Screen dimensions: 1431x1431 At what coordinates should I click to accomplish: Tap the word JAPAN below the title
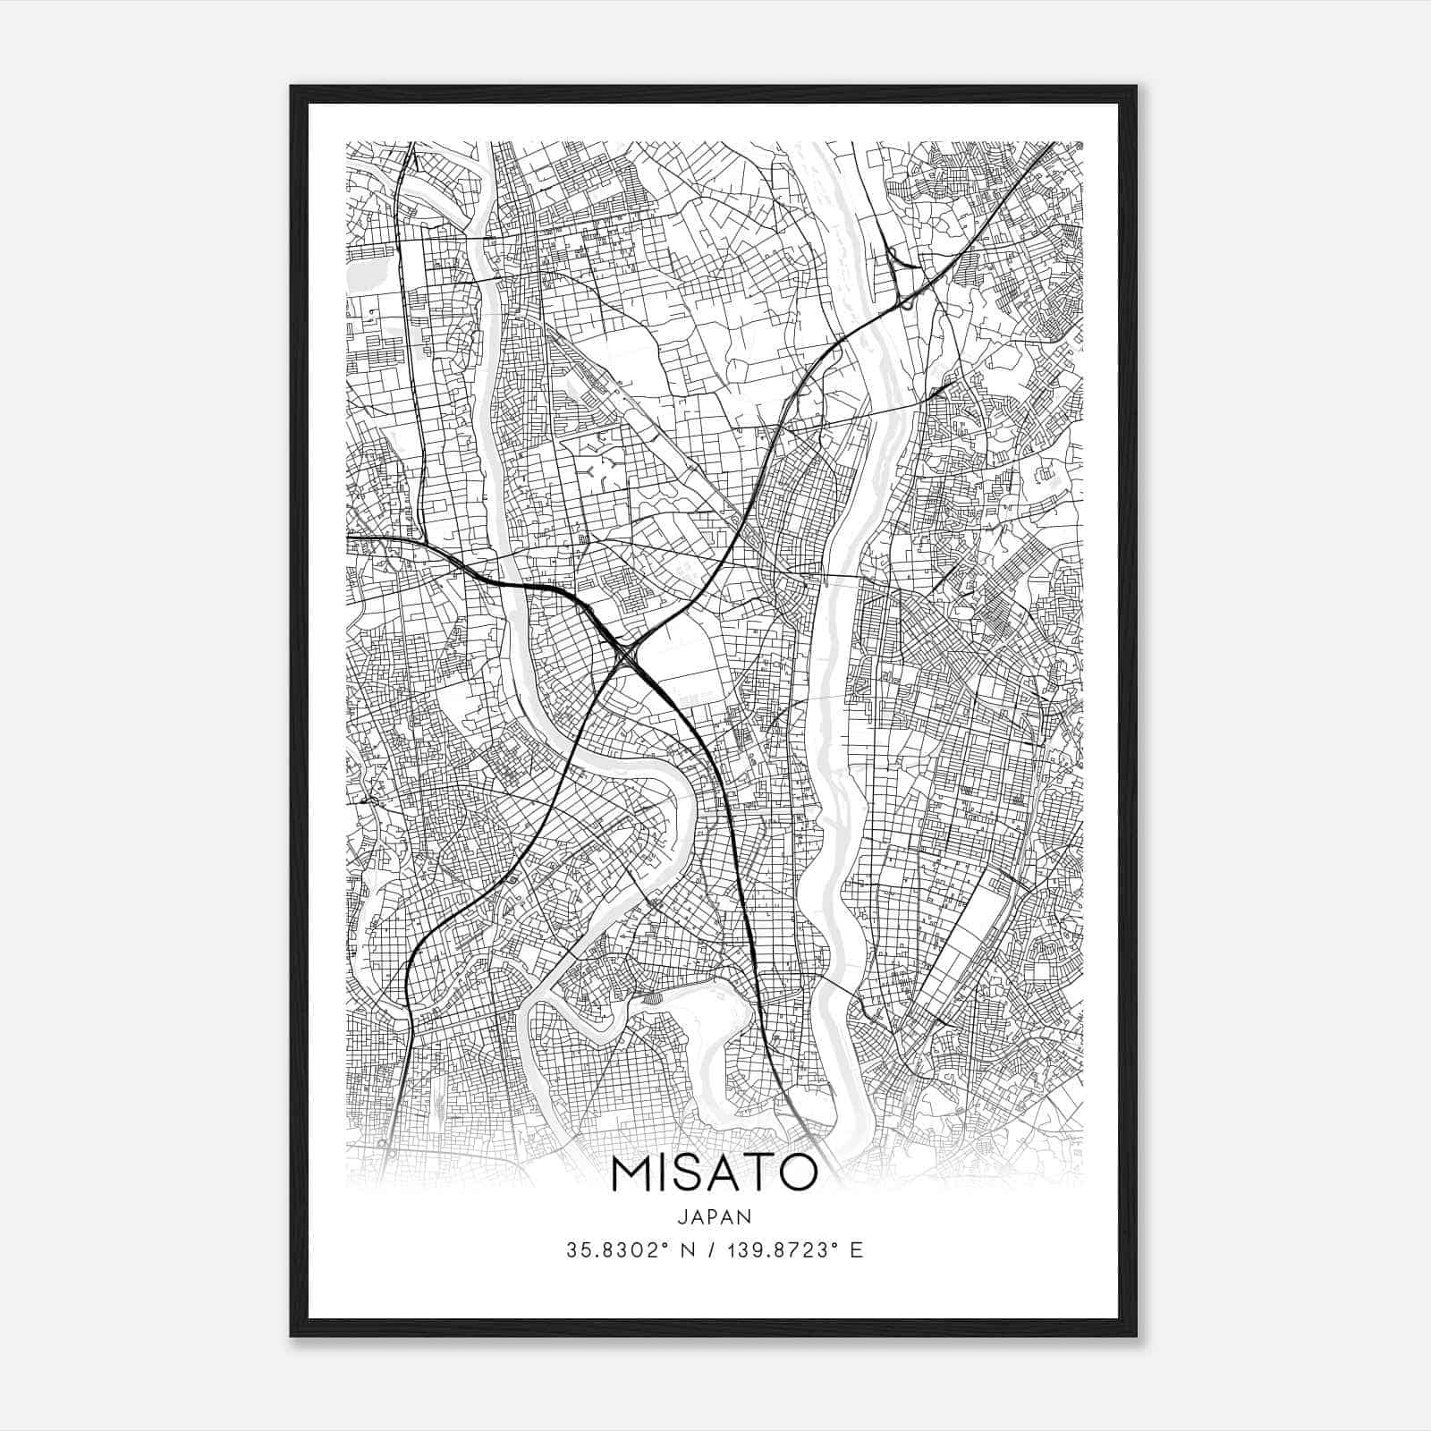click(x=714, y=1216)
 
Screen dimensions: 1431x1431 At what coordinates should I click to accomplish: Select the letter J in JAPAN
click(x=682, y=1216)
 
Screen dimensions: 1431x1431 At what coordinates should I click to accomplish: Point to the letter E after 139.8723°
click(x=857, y=1250)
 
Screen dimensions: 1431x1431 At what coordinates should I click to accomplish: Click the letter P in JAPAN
click(x=714, y=1216)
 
